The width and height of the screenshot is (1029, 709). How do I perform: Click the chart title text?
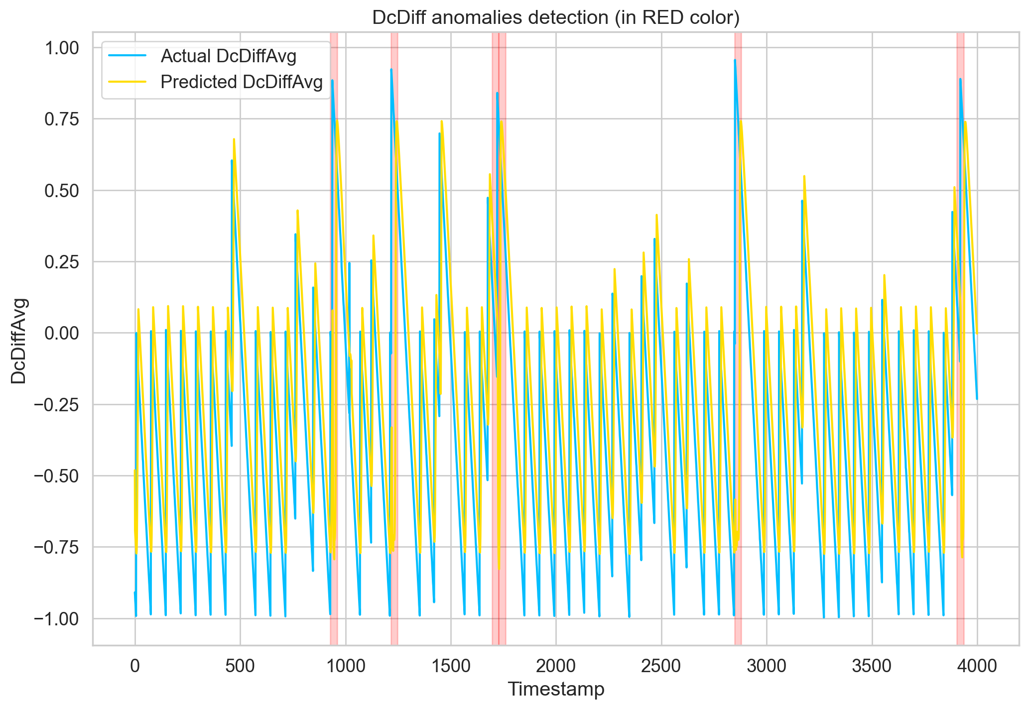pyautogui.click(x=555, y=18)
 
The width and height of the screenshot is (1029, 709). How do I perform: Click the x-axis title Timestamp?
pyautogui.click(x=555, y=690)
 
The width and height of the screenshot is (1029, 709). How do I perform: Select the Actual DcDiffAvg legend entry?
pyautogui.click(x=228, y=56)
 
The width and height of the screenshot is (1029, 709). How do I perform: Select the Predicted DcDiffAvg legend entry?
pyautogui.click(x=242, y=82)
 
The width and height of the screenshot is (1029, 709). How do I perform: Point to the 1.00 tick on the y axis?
pyautogui.click(x=62, y=48)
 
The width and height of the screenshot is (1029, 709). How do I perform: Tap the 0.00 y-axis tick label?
pyautogui.click(x=62, y=333)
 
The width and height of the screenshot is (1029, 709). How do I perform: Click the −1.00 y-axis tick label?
pyautogui.click(x=56, y=619)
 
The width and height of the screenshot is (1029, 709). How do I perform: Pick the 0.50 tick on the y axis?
pyautogui.click(x=62, y=191)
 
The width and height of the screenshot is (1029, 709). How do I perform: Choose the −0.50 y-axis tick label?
pyautogui.click(x=56, y=476)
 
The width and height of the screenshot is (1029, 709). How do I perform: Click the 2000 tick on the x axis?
pyautogui.click(x=556, y=665)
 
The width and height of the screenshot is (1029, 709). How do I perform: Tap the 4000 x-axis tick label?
pyautogui.click(x=977, y=665)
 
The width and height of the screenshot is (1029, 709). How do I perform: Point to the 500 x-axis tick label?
pyautogui.click(x=240, y=665)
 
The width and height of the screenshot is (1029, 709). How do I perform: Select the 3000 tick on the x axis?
pyautogui.click(x=767, y=665)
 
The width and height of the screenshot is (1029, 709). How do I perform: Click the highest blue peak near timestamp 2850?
pyautogui.click(x=735, y=60)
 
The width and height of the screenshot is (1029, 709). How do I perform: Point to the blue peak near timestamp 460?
pyautogui.click(x=232, y=160)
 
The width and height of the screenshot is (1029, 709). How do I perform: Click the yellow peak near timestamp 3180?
pyautogui.click(x=804, y=176)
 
